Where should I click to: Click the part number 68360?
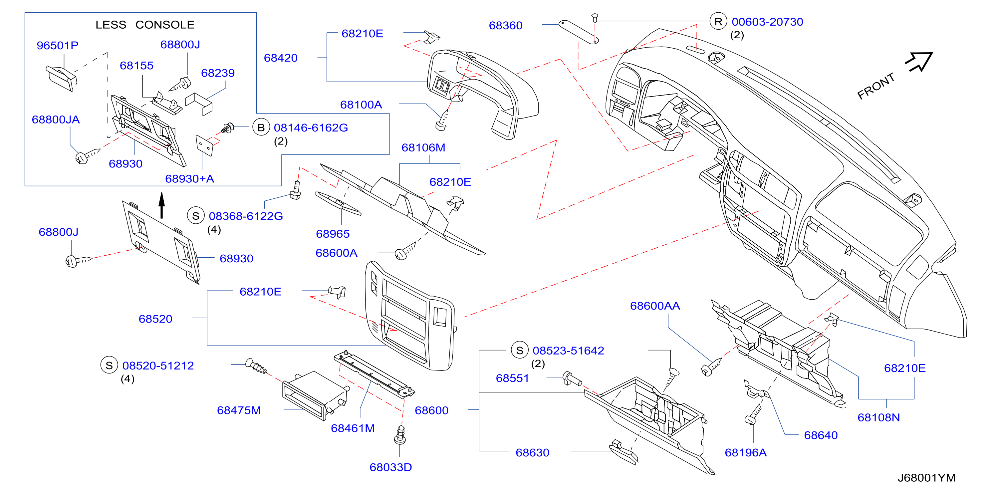click(x=506, y=26)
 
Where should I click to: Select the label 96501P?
click(x=58, y=46)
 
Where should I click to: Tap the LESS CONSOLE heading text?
click(x=145, y=25)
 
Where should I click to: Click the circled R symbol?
click(x=718, y=22)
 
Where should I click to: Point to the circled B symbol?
click(x=261, y=127)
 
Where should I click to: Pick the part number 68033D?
click(x=390, y=467)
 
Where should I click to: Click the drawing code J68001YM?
click(x=926, y=478)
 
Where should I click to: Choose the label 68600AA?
click(x=655, y=306)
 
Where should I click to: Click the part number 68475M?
click(x=239, y=410)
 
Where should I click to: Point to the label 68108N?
click(x=878, y=417)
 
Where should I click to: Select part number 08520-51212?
click(x=158, y=366)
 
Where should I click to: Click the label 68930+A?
click(x=189, y=179)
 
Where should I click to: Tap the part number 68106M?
click(x=423, y=147)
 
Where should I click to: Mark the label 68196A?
click(x=746, y=453)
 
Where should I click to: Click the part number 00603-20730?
click(x=768, y=22)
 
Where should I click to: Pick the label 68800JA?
click(x=56, y=120)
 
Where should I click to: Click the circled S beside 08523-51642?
click(x=519, y=351)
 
